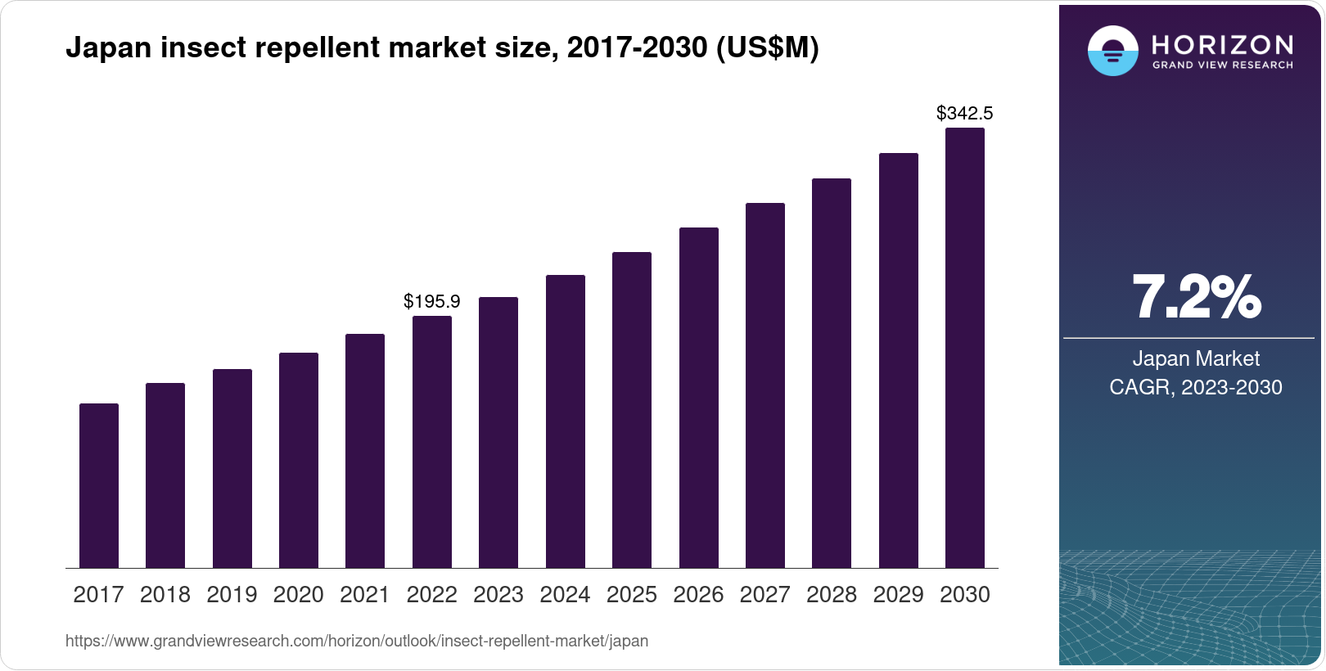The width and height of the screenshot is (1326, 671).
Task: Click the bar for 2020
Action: click(x=299, y=460)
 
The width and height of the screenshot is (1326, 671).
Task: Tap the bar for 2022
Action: click(x=432, y=442)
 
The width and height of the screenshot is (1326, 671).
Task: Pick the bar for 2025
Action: click(x=632, y=410)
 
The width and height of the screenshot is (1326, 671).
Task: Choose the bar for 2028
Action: click(x=832, y=373)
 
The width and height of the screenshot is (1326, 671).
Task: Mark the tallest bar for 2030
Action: click(x=965, y=348)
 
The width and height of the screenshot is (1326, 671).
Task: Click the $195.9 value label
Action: click(x=432, y=301)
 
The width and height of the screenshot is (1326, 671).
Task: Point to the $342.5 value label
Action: click(x=965, y=113)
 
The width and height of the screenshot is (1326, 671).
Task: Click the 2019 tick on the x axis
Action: click(x=232, y=594)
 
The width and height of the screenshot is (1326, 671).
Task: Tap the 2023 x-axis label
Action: click(x=498, y=594)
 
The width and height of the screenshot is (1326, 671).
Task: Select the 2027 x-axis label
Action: click(x=765, y=594)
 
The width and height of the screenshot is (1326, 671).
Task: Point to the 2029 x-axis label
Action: click(x=898, y=594)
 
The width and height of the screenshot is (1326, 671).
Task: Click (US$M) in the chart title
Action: click(x=767, y=47)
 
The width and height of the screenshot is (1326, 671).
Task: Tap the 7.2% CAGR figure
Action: click(x=1196, y=298)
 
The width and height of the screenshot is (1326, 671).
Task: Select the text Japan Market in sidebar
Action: click(x=1196, y=358)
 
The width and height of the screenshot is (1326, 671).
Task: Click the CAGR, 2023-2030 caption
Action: click(x=1196, y=387)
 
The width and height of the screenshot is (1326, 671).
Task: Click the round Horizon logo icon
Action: click(x=1112, y=51)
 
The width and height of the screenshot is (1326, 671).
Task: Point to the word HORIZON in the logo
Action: click(x=1223, y=44)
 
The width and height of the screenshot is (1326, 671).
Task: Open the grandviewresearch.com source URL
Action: click(x=357, y=641)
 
